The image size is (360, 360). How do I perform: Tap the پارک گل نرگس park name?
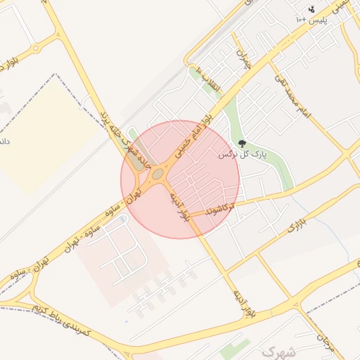click(x=243, y=153)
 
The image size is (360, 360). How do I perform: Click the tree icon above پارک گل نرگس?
click(x=243, y=143)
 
